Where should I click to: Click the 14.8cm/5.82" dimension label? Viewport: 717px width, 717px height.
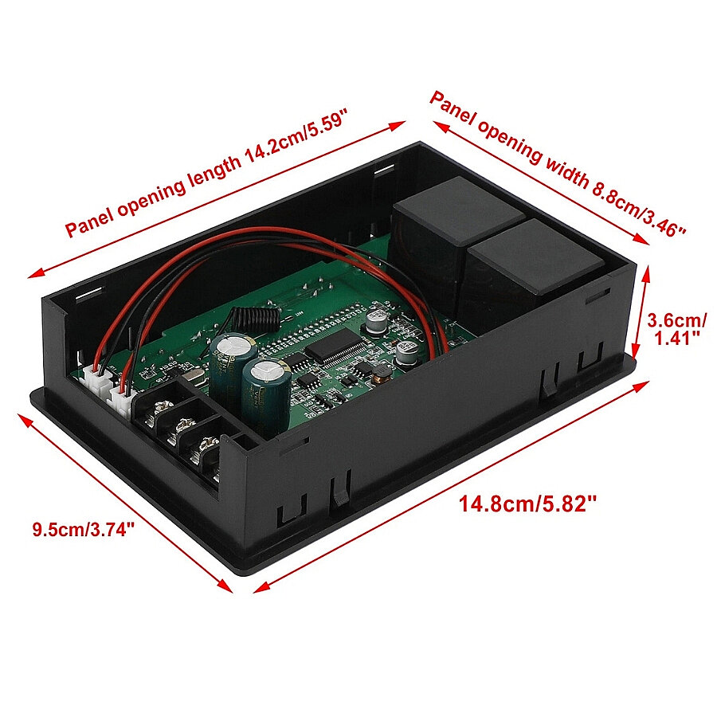(528, 504)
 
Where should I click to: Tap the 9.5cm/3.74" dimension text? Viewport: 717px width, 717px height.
(84, 530)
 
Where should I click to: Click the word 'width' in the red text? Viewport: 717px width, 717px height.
(566, 169)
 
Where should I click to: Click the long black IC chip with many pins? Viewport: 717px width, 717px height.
(338, 347)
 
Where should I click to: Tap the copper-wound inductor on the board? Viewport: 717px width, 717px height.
(382, 373)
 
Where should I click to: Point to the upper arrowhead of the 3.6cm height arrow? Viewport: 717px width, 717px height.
(647, 273)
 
